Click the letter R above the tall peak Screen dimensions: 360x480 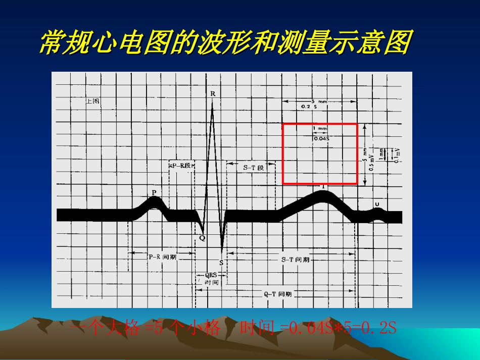tap(213, 93)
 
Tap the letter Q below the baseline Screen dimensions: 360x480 tap(202, 238)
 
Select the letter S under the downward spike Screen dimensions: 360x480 tap(221, 262)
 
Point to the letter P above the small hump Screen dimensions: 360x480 tap(154, 192)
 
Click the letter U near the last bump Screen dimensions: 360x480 tap(377, 203)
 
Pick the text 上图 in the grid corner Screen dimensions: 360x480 tap(93, 101)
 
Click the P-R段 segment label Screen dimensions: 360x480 tap(182, 166)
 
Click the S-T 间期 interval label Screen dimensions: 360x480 tap(295, 260)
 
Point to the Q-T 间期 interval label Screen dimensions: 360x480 tap(278, 293)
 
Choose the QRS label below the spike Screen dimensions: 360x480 tap(211, 275)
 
